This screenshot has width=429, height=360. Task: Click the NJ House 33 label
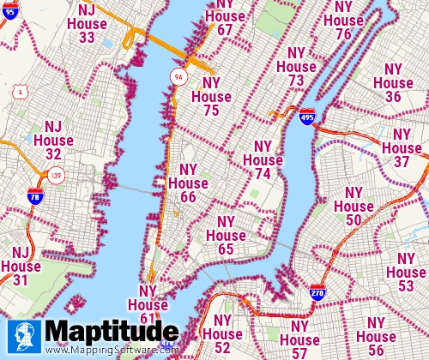click(87, 23)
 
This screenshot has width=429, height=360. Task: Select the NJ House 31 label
click(21, 267)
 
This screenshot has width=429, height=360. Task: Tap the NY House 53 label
click(407, 272)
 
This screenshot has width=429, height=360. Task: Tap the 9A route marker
click(178, 76)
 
